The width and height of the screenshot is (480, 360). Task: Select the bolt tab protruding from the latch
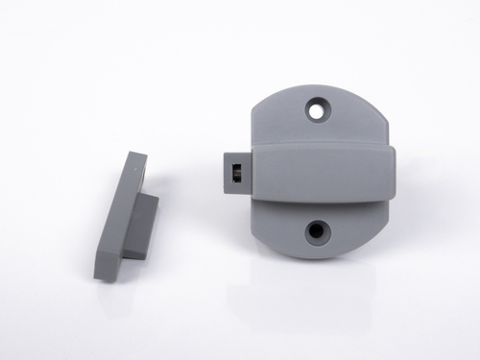point(235,172)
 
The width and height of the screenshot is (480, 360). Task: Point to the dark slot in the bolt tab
point(235,173)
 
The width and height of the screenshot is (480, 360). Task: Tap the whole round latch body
point(320,173)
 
